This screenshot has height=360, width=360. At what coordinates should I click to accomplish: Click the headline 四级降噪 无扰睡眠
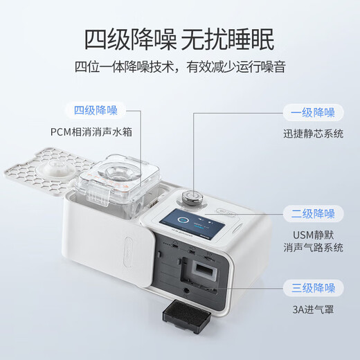179,39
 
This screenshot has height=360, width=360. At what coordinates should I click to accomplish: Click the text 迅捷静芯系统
313,133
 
